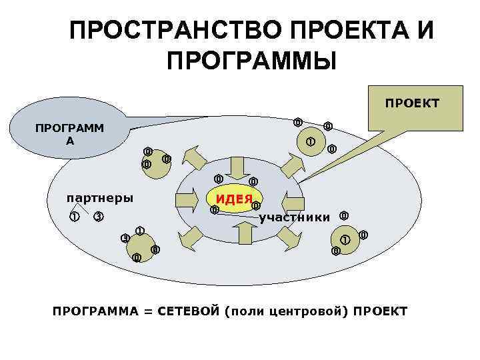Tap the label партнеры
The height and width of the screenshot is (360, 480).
pos(99,197)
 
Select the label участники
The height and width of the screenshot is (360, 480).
pos(294,217)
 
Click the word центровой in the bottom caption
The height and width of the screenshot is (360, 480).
pos(314,311)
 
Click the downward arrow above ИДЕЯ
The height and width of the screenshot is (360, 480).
pos(237,166)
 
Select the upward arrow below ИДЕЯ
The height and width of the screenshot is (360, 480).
pos(244,232)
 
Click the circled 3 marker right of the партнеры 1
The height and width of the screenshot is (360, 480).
pos(98,217)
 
